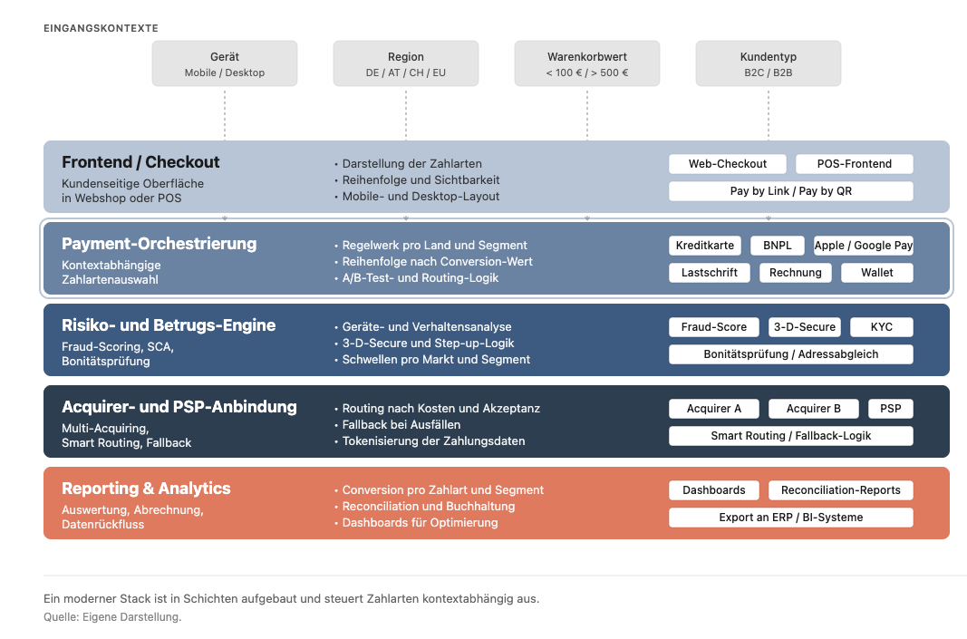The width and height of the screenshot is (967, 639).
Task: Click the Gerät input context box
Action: pyautogui.click(x=225, y=63)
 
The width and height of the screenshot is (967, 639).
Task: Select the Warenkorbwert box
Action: pyautogui.click(x=587, y=63)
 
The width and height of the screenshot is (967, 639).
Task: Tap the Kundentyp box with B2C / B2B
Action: pyautogui.click(x=769, y=63)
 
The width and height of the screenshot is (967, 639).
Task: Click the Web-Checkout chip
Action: pyautogui.click(x=728, y=164)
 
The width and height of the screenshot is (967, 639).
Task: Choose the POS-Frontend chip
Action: pyautogui.click(x=854, y=164)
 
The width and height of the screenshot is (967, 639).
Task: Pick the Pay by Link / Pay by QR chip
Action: pyautogui.click(x=791, y=191)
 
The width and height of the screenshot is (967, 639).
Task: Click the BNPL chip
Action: pyautogui.click(x=778, y=246)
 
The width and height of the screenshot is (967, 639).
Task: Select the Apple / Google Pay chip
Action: pyautogui.click(x=864, y=246)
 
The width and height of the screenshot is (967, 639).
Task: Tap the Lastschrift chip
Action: pyautogui.click(x=710, y=273)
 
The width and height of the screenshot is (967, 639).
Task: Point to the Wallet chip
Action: pyautogui.click(x=877, y=273)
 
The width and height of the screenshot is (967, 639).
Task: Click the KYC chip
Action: pyautogui.click(x=882, y=327)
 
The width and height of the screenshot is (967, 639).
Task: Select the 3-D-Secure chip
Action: pyautogui.click(x=805, y=327)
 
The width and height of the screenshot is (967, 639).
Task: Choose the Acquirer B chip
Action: pyautogui.click(x=814, y=408)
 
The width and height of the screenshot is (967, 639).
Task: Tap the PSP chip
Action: pyautogui.click(x=891, y=408)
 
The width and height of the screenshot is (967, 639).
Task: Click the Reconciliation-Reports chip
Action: pyautogui.click(x=841, y=490)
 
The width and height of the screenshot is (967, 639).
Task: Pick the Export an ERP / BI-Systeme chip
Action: pyautogui.click(x=791, y=518)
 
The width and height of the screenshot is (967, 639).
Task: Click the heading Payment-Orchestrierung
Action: pyautogui.click(x=160, y=244)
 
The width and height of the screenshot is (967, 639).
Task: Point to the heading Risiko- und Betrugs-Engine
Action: pyautogui.click(x=169, y=325)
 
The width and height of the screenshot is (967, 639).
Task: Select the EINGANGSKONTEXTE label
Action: pyautogui.click(x=102, y=28)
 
